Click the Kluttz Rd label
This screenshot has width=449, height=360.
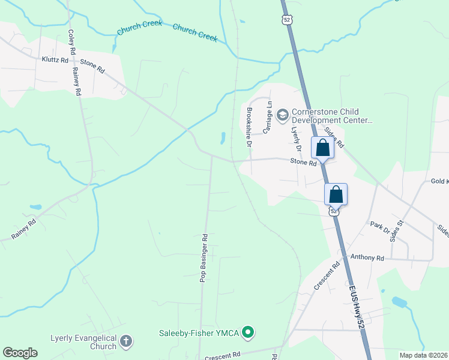click(55, 60)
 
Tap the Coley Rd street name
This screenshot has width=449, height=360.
click(71, 42)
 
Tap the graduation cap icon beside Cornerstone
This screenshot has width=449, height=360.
click(282, 112)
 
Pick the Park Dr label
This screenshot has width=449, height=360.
click(376, 227)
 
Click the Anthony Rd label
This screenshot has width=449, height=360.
click(367, 257)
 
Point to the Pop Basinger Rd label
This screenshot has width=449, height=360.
click(204, 257)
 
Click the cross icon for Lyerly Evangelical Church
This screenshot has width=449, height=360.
click(125, 342)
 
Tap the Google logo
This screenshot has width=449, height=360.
click(20, 353)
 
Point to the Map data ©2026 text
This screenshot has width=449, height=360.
click(423, 355)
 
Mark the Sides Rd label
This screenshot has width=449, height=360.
click(334, 137)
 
